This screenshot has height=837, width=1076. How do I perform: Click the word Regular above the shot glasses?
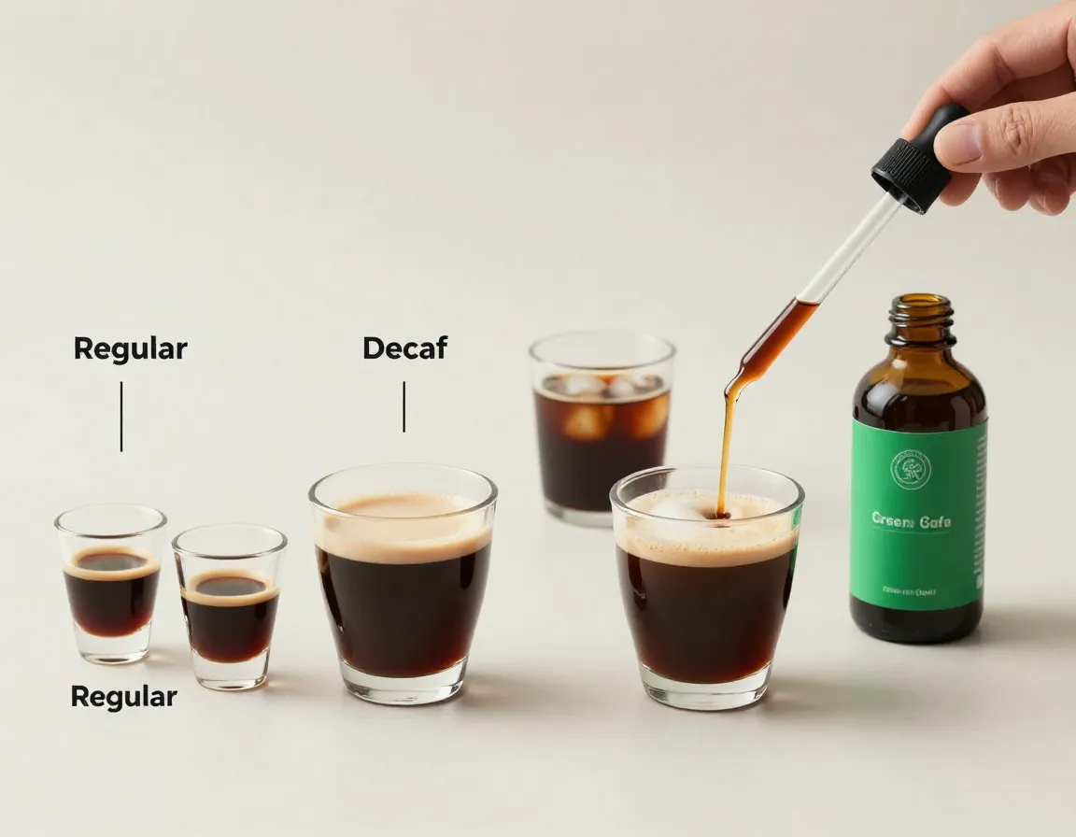(130, 349)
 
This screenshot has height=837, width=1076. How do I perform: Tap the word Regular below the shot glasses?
(123, 697)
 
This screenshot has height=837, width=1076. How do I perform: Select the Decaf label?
(404, 348)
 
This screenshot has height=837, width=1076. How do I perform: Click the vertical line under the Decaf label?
(403, 406)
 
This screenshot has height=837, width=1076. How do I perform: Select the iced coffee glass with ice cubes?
(602, 430)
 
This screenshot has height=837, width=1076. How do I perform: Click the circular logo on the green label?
(911, 468)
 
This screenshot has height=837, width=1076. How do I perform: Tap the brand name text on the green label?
(911, 520)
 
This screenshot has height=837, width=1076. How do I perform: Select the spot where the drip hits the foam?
(722, 513)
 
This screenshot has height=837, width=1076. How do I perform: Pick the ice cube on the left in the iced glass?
(588, 420)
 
